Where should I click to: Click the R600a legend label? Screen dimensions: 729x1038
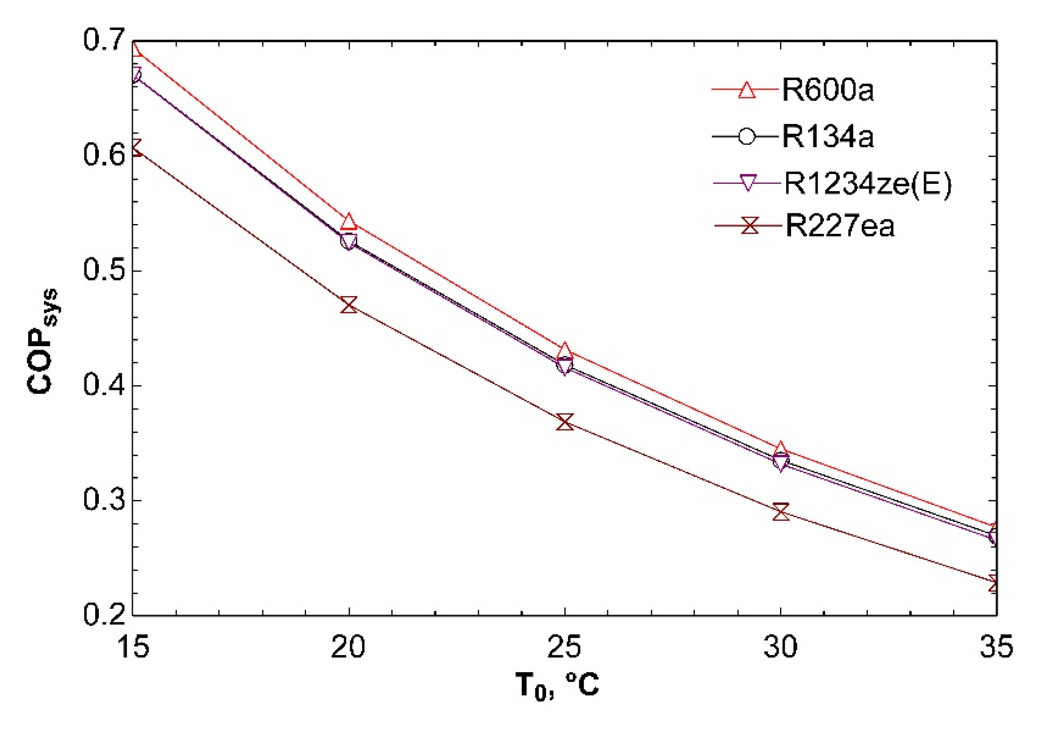pos(827,89)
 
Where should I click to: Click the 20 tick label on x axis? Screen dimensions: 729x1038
pos(348,647)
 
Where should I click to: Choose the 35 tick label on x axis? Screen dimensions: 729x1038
pos(996,647)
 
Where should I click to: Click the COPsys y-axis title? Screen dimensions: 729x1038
pos(42,341)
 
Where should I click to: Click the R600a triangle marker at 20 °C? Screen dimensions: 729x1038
pos(348,221)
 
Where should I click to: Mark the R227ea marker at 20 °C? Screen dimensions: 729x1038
pos(348,305)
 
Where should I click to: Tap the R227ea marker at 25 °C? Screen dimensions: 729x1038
pos(565,421)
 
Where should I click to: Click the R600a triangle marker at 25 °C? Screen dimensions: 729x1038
pos(565,352)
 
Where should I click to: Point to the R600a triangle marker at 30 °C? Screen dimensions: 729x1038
pos(781,449)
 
